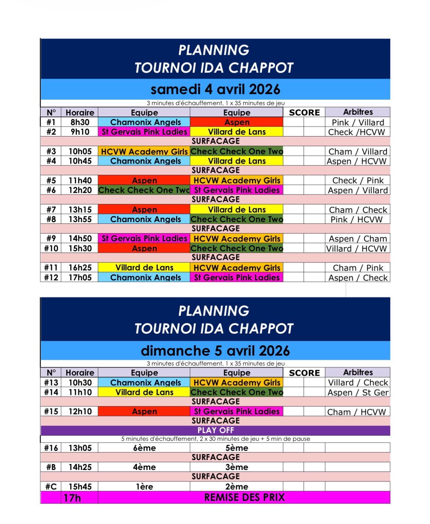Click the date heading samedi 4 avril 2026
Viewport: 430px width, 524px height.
[x=215, y=89]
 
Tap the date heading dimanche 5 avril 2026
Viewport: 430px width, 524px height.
[x=215, y=351]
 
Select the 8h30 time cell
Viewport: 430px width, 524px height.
[x=80, y=122]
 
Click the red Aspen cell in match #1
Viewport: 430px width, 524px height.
[x=237, y=122]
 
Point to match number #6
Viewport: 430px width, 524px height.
[x=51, y=190]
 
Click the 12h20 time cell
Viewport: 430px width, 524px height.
[x=80, y=190]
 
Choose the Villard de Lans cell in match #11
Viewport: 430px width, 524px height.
[x=144, y=268]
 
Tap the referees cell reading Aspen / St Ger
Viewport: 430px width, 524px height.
[x=358, y=392]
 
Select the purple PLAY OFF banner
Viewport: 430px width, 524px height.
[x=215, y=430]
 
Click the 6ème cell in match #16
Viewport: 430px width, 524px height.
[x=144, y=448]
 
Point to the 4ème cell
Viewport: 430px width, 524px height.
[x=144, y=467]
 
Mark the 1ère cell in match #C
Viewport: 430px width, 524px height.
[x=144, y=486]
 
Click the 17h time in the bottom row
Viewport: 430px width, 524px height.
[x=72, y=498]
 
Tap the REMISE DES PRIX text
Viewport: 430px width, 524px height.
[x=244, y=498]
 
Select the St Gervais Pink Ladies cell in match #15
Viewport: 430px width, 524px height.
[x=237, y=411]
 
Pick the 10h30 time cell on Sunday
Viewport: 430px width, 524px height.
[x=80, y=382]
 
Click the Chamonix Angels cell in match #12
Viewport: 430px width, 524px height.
[x=146, y=278]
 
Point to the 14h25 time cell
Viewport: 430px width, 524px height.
[x=80, y=467]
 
